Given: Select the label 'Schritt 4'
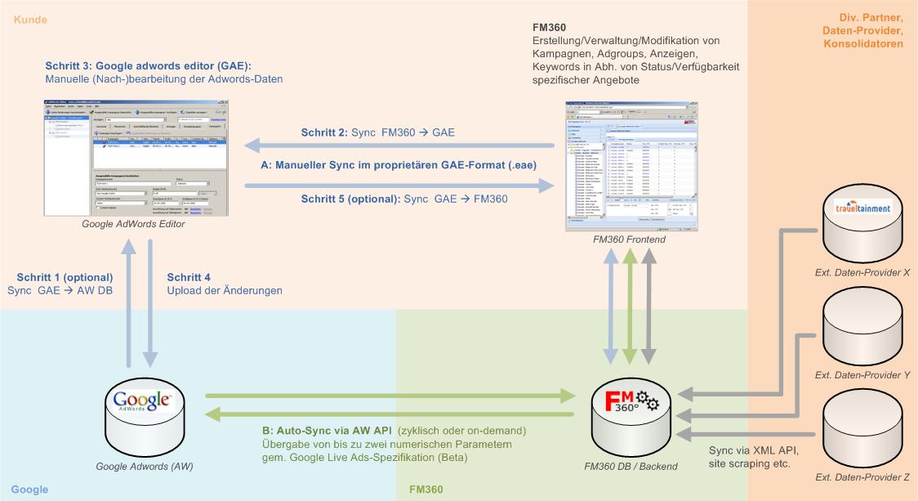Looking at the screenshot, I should tap(189, 277).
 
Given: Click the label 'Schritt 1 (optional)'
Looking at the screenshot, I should tap(60, 277).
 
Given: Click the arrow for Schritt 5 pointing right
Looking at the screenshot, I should tap(400, 186).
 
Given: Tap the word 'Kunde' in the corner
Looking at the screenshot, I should tap(30, 18).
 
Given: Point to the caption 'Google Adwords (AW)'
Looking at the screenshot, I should tap(138, 466).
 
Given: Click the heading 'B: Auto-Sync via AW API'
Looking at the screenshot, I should tap(324, 431).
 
